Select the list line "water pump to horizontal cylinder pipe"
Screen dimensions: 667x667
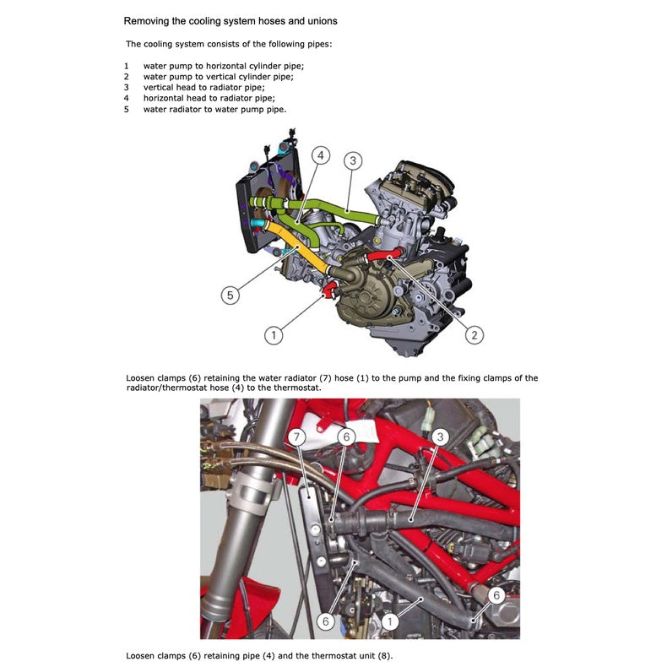tap(223, 65)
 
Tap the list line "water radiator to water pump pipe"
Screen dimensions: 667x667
tap(214, 109)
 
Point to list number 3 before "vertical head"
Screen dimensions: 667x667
tap(127, 87)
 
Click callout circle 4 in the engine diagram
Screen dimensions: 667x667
tap(320, 155)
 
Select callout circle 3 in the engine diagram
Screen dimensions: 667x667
tap(354, 160)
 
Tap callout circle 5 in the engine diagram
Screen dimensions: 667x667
tap(230, 295)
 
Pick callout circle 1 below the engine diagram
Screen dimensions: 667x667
tap(273, 335)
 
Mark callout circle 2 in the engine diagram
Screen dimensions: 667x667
tap(474, 335)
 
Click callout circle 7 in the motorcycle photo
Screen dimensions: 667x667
tap(296, 437)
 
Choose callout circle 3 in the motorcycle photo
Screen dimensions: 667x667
tap(440, 437)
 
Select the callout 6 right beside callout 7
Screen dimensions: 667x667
tap(345, 437)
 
